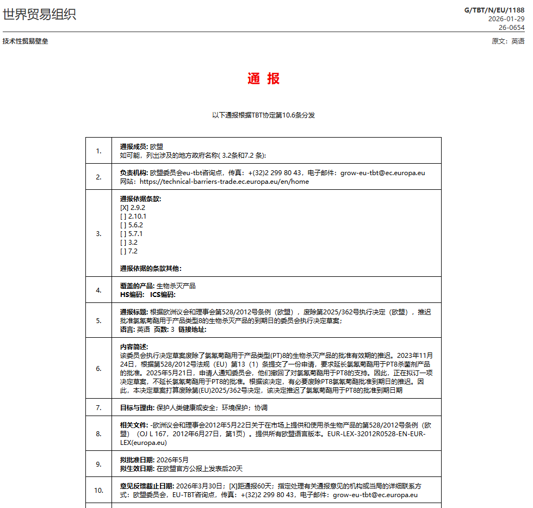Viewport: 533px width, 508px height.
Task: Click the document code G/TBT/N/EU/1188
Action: click(494, 10)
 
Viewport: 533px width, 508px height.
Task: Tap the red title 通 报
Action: click(263, 78)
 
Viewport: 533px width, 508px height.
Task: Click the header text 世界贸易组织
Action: click(39, 15)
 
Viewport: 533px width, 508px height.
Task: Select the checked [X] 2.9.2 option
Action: click(133, 207)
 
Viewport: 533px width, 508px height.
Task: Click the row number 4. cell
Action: click(98, 290)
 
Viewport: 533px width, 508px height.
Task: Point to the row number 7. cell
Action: click(98, 407)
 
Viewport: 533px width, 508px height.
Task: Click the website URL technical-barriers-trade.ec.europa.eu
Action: click(224, 182)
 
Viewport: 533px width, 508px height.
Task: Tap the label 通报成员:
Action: click(134, 146)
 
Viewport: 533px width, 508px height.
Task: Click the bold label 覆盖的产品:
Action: click(137, 286)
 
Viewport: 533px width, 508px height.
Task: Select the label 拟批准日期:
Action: click(137, 460)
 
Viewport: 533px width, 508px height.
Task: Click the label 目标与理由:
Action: click(137, 407)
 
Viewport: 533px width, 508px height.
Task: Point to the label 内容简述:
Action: click(134, 346)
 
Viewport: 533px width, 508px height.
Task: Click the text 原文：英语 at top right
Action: click(508, 41)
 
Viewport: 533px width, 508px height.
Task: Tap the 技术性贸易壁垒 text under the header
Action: click(25, 41)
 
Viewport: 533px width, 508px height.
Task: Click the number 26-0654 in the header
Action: click(512, 27)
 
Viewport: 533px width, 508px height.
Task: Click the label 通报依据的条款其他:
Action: click(151, 268)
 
